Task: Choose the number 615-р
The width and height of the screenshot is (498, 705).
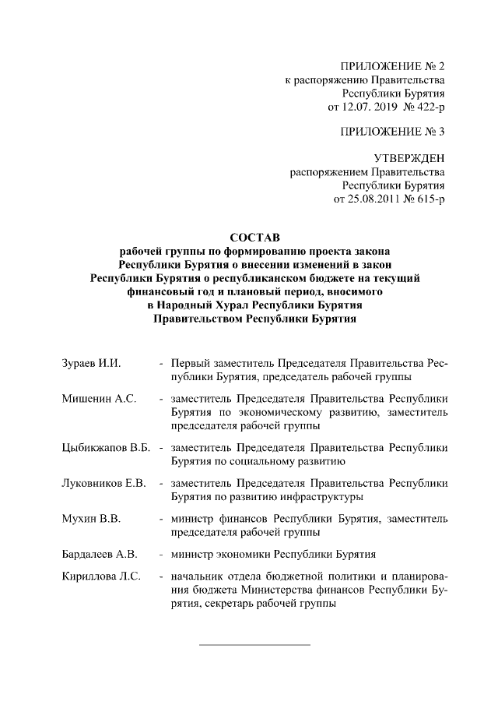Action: pyautogui.click(x=429, y=200)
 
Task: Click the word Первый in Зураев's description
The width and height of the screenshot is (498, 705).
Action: pyautogui.click(x=192, y=363)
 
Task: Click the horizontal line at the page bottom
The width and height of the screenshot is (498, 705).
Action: pyautogui.click(x=255, y=644)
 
